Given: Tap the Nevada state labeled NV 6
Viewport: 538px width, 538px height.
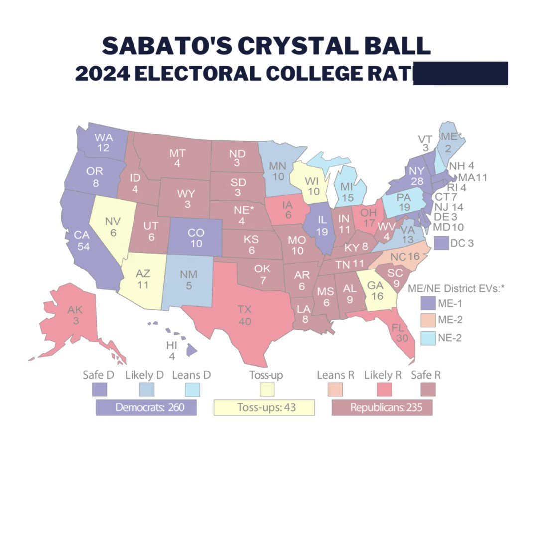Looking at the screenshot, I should click(112, 227).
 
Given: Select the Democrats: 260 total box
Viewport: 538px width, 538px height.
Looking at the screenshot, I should click(146, 407).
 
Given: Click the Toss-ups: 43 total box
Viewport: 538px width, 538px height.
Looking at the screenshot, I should click(264, 407).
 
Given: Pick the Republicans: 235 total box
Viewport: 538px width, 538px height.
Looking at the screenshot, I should click(382, 407).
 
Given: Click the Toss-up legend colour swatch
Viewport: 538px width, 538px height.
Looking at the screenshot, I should click(264, 389).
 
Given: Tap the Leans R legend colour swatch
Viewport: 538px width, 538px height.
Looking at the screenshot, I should click(335, 389).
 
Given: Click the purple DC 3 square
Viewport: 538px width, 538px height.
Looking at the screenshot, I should click(441, 243).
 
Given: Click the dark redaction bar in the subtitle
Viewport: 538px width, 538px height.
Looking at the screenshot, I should click(460, 73).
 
